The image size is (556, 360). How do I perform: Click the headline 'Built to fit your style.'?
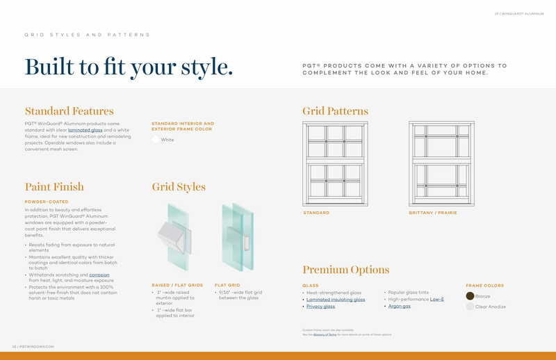click(129, 66)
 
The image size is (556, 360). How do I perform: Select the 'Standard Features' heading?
click(69, 111)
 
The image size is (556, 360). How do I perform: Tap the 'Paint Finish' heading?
click(54, 187)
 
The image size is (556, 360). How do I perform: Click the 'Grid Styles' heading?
click(179, 187)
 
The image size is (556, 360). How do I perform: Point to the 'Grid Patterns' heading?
click(335, 111)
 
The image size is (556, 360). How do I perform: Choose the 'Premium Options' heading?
click(345, 270)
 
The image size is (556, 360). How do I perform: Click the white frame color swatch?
click(156, 140)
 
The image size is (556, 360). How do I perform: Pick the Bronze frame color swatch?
click(470, 296)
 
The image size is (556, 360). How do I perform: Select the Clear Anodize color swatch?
click(470, 306)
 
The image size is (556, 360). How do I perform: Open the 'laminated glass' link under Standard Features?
click(85, 130)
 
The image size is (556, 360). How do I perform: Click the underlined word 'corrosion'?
click(99, 275)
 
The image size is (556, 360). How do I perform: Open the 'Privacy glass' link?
click(320, 306)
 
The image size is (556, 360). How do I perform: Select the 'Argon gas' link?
click(399, 306)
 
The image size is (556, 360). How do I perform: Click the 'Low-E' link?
click(436, 300)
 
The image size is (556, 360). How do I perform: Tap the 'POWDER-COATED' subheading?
click(46, 202)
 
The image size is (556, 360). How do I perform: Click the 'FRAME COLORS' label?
click(484, 286)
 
